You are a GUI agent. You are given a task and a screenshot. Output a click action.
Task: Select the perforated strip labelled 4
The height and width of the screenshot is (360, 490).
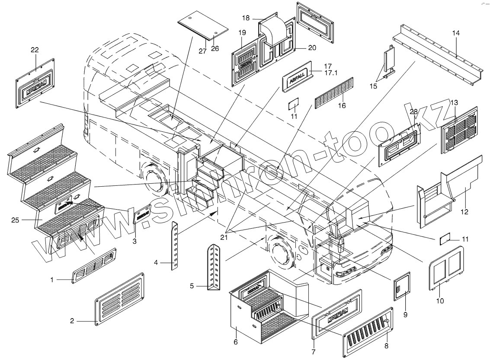[x=175, y=245]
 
